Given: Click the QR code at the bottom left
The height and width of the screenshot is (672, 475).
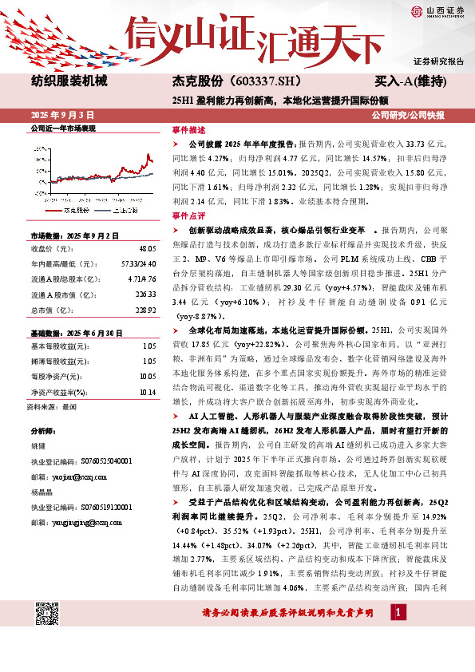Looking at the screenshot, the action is pos(47,615).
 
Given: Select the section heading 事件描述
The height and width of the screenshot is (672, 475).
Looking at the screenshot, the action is pos(189,129).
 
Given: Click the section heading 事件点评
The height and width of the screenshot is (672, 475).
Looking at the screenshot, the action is pos(189,215).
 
